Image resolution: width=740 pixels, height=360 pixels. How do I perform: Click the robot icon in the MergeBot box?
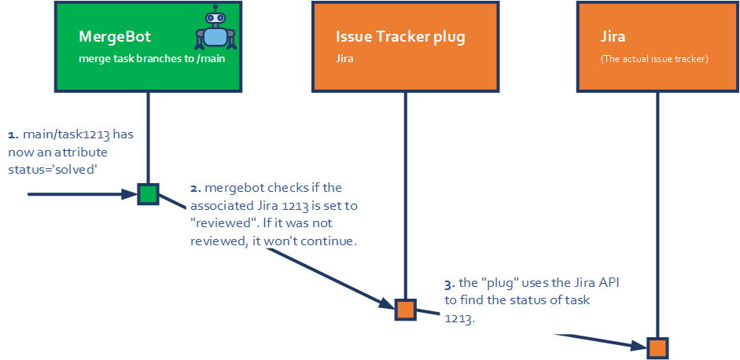(215, 31)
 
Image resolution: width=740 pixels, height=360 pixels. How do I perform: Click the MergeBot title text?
(114, 37)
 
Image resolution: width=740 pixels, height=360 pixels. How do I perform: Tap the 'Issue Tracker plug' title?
(399, 37)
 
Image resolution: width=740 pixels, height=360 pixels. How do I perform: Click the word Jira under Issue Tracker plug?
(344, 58)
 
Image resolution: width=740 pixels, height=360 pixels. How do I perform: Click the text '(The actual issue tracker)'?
(654, 58)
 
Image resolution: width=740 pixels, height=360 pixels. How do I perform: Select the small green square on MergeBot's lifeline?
(148, 194)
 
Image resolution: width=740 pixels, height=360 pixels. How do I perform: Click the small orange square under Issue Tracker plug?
(405, 310)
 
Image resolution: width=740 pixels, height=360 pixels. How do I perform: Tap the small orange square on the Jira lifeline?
(657, 347)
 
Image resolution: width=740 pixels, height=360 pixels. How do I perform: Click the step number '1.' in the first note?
(13, 134)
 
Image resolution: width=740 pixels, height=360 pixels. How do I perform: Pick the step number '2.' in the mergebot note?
(196, 189)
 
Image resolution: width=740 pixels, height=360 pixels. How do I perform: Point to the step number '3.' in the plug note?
(450, 283)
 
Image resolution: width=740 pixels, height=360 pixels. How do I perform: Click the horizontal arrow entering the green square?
(79, 193)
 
